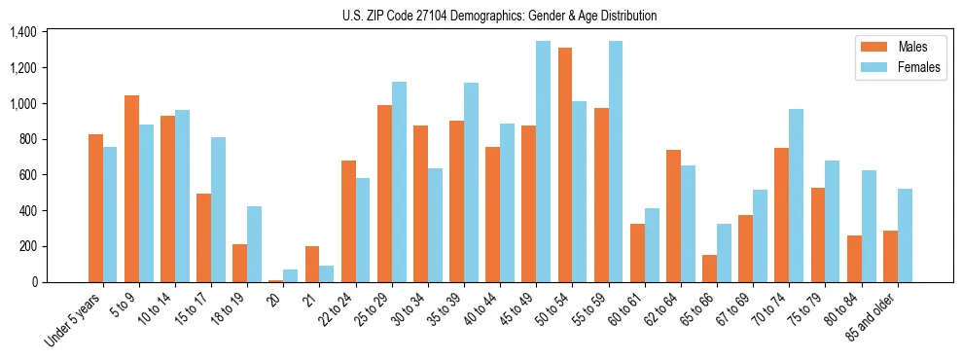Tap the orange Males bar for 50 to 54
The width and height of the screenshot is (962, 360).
point(565,165)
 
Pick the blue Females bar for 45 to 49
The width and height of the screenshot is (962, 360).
point(543,162)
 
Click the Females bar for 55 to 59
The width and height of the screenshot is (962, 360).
point(616,162)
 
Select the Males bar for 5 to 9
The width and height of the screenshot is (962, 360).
point(131,189)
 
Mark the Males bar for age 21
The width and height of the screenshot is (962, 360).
point(312,264)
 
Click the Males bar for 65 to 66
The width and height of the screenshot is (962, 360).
point(709,269)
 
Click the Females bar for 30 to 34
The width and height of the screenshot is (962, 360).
point(435,225)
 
